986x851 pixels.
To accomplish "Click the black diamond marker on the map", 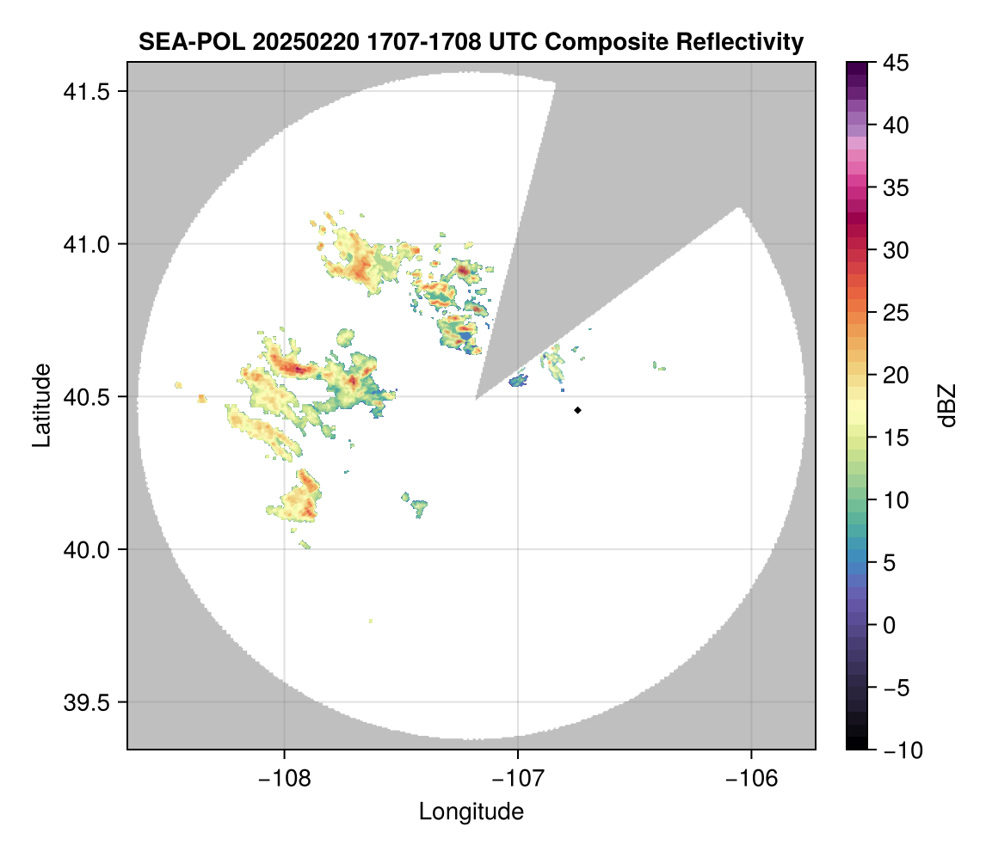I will pyautogui.click(x=577, y=410).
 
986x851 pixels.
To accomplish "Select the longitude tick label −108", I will pyautogui.click(x=284, y=778).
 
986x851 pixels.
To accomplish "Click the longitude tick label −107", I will pyautogui.click(x=518, y=778).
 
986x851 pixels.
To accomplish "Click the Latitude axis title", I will pyautogui.click(x=40, y=404).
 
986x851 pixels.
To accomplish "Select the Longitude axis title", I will pyautogui.click(x=471, y=811).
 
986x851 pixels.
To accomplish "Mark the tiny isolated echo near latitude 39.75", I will pyautogui.click(x=371, y=621).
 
